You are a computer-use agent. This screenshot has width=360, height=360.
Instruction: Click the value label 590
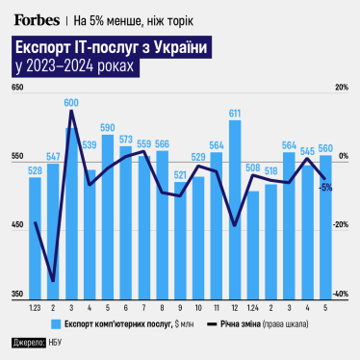tap(108, 126)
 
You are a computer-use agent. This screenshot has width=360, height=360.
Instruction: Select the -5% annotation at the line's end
tap(327, 187)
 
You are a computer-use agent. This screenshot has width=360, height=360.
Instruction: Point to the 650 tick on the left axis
tap(16, 89)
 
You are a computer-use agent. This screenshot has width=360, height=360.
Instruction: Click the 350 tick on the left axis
tap(16, 294)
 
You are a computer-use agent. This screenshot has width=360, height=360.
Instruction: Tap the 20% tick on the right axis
tap(341, 89)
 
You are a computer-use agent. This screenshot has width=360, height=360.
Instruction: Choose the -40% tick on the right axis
tap(340, 294)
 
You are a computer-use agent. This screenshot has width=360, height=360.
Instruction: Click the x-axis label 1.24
tap(253, 307)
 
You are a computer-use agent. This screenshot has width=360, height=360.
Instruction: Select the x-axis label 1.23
tap(35, 307)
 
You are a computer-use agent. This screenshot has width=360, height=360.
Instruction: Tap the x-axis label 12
tap(235, 307)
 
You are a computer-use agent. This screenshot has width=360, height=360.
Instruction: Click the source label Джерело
tap(28, 342)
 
